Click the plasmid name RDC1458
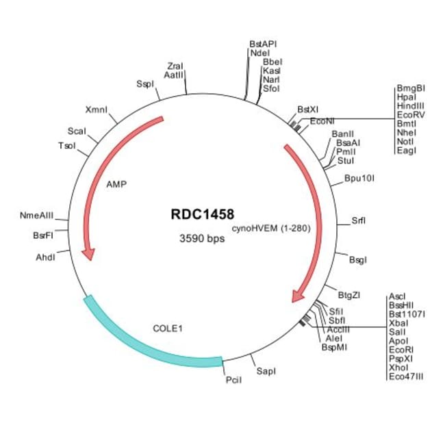[202, 215]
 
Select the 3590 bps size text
[202, 239]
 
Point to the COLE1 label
[168, 329]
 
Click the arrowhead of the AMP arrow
[88, 254]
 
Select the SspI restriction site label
[145, 84]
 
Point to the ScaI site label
[76, 131]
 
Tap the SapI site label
[266, 371]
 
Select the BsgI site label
[358, 260]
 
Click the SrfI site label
[359, 220]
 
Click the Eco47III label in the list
[405, 376]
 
